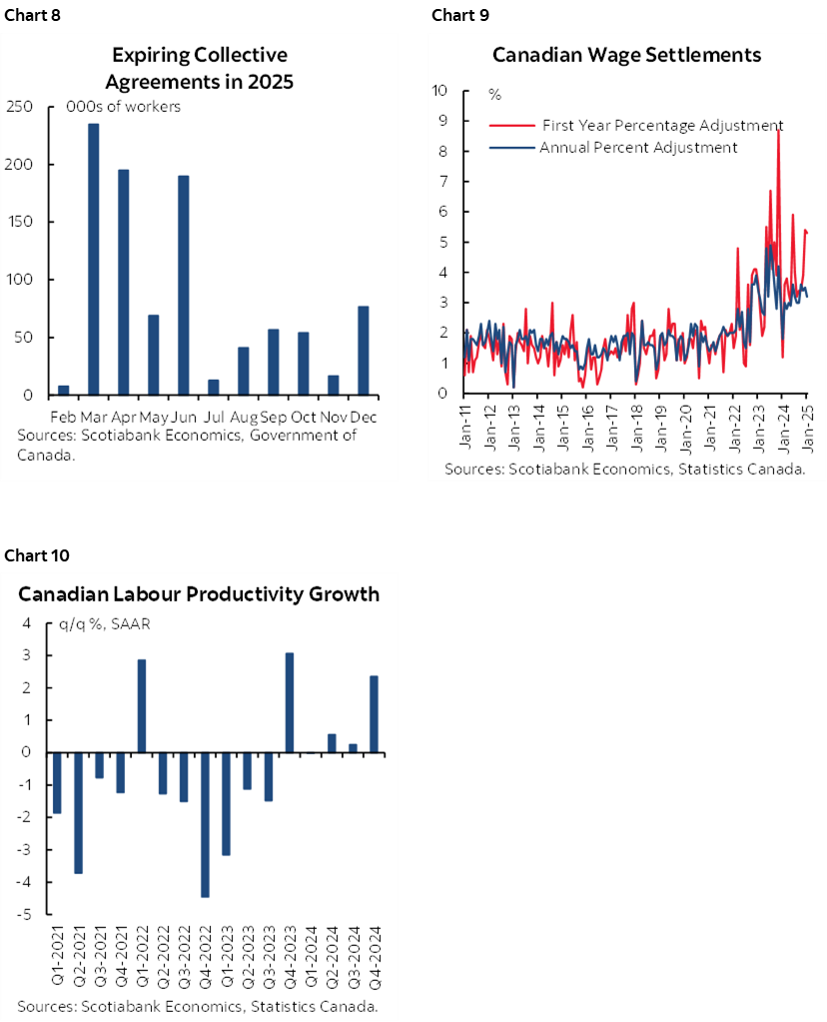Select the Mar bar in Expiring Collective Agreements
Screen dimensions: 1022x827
click(94, 259)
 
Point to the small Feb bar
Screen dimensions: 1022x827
click(64, 390)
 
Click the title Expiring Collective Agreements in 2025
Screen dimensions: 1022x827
click(200, 68)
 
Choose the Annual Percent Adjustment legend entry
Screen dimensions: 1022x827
click(638, 148)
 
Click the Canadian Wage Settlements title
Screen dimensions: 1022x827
click(627, 54)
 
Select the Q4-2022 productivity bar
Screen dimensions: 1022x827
click(206, 824)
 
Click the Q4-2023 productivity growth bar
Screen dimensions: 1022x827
click(290, 702)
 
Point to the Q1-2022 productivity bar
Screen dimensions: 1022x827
click(142, 705)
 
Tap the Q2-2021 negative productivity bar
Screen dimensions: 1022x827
click(78, 812)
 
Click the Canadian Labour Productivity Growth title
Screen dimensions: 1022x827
click(199, 594)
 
